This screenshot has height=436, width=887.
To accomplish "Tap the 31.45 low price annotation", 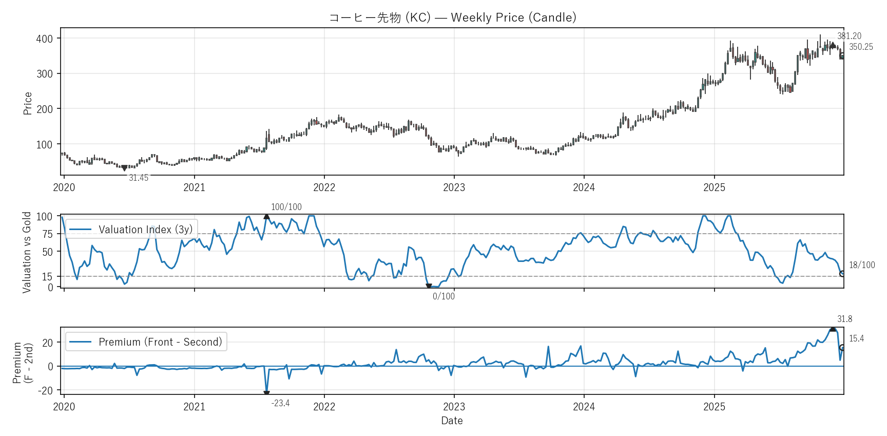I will pyautogui.click(x=139, y=178).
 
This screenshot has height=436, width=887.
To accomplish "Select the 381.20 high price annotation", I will pyautogui.click(x=849, y=36).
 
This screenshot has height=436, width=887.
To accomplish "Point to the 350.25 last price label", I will pyautogui.click(x=861, y=47).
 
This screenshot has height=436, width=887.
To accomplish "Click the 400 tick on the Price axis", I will pyautogui.click(x=45, y=39).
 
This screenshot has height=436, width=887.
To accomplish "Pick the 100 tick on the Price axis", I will pyautogui.click(x=45, y=144).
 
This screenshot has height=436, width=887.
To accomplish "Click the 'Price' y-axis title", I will pyautogui.click(x=28, y=103).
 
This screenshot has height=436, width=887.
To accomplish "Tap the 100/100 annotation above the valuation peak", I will pyautogui.click(x=286, y=207).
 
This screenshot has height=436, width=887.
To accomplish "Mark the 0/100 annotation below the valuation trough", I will pyautogui.click(x=444, y=296).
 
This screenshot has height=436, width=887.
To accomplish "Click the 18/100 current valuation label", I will pyautogui.click(x=862, y=265).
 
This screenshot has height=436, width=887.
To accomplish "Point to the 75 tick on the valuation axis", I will pyautogui.click(x=47, y=234).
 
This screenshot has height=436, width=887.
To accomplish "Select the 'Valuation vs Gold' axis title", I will pyautogui.click(x=27, y=252).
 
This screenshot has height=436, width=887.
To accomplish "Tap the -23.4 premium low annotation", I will pyautogui.click(x=280, y=403).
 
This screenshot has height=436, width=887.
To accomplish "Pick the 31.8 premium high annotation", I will pyautogui.click(x=844, y=319).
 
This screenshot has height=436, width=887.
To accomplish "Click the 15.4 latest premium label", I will pyautogui.click(x=856, y=338).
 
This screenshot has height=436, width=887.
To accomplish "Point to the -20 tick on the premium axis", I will pyautogui.click(x=45, y=390).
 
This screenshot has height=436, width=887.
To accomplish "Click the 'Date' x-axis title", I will pyautogui.click(x=452, y=421).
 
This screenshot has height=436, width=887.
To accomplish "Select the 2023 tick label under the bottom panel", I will pyautogui.click(x=454, y=407).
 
